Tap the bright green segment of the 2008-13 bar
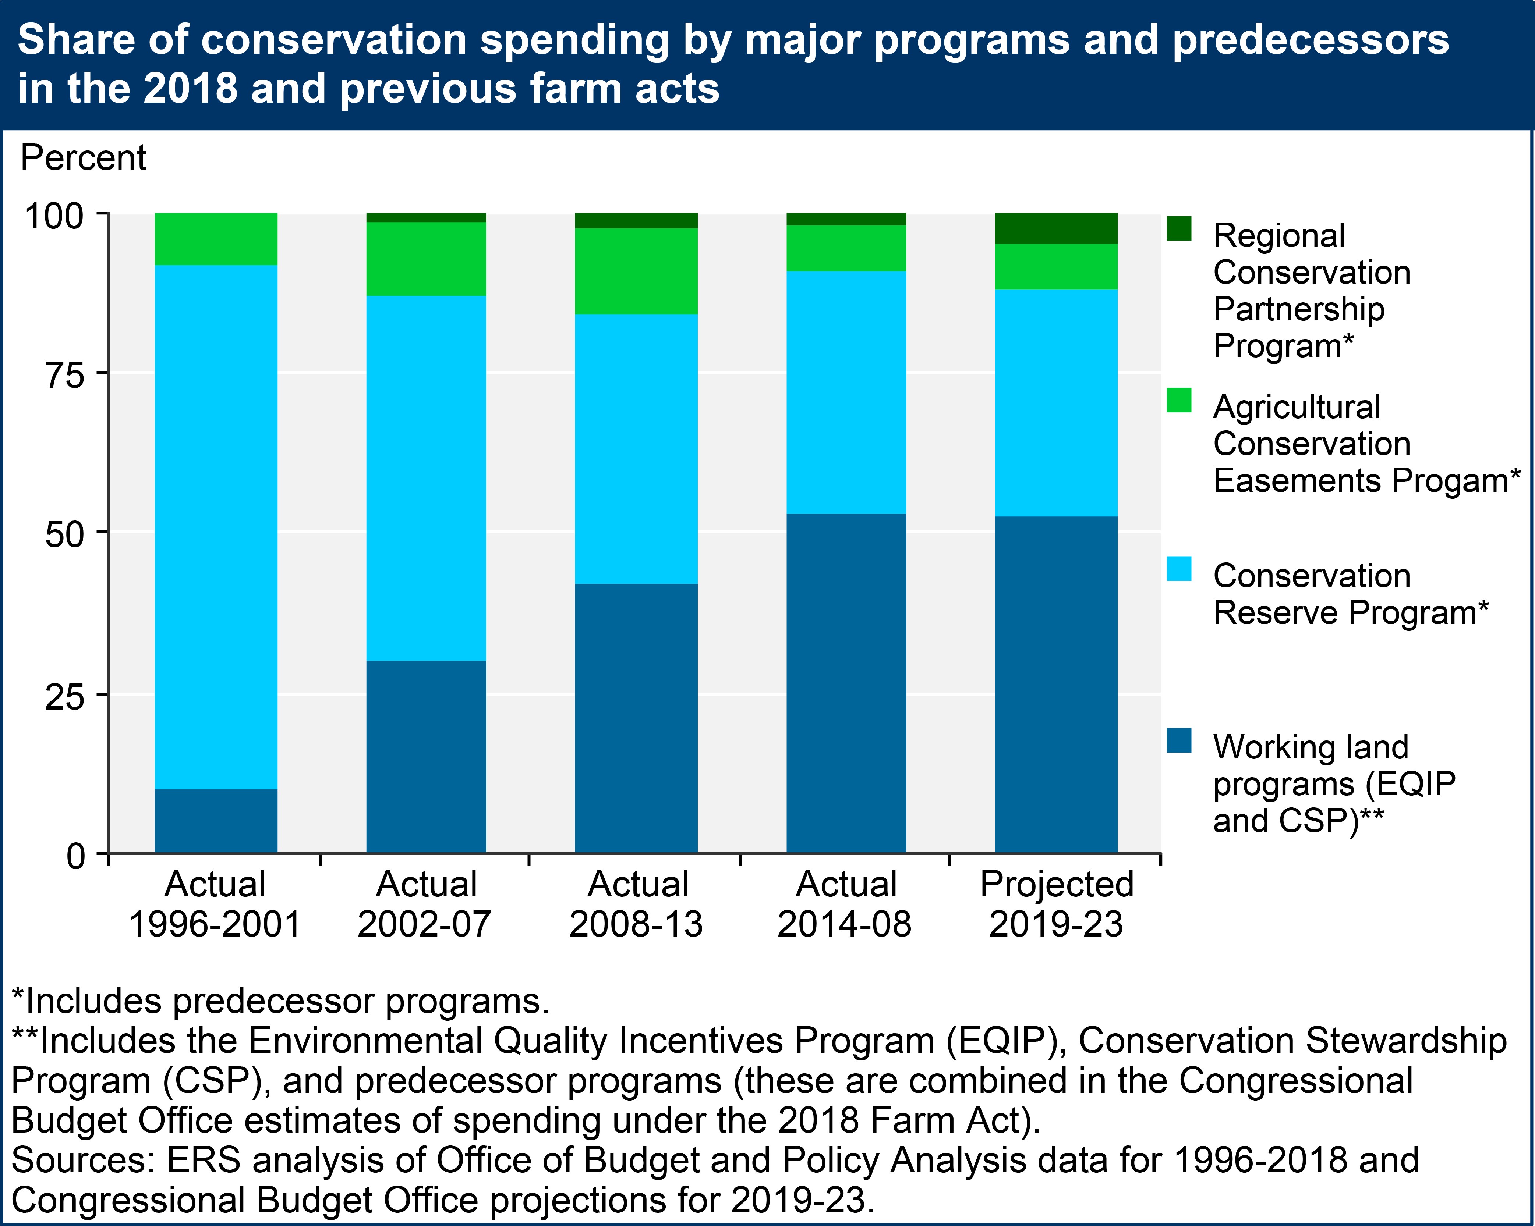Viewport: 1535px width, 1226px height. [636, 271]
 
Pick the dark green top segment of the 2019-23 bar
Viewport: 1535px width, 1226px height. [1056, 228]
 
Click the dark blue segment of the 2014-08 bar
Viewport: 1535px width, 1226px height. [846, 683]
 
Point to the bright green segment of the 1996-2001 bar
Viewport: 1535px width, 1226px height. [216, 239]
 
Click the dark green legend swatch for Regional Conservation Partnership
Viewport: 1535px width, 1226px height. [1179, 228]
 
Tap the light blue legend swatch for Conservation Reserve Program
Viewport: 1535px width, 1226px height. [1179, 569]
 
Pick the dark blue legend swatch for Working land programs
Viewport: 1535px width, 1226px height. [1179, 740]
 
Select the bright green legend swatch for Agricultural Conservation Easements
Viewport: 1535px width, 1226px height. [1179, 400]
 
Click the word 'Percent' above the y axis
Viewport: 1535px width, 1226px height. [83, 158]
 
